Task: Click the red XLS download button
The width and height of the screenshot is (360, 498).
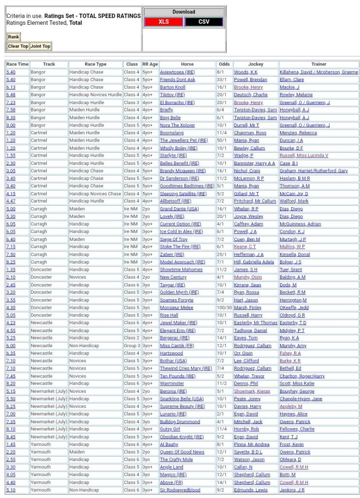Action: [x=163, y=22]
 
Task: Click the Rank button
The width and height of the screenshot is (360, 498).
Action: [x=13, y=37]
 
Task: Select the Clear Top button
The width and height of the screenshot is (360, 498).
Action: [x=18, y=46]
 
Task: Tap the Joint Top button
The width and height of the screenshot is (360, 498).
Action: [x=40, y=46]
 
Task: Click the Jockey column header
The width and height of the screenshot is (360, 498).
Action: [x=255, y=64]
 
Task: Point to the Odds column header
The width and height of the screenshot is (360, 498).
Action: [x=224, y=64]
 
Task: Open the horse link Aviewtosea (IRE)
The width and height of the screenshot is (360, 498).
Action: [x=177, y=72]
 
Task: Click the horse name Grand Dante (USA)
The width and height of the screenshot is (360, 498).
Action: [x=179, y=209]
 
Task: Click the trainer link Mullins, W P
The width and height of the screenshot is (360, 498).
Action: [x=293, y=247]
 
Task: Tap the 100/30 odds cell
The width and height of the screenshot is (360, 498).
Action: [x=224, y=307]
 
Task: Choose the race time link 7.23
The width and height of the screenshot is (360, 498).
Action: [x=11, y=103]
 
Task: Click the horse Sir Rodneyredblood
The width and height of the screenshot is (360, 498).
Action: [x=180, y=490]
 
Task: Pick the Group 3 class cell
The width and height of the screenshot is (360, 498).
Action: [x=131, y=345]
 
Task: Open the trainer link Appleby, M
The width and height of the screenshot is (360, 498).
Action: [x=290, y=406]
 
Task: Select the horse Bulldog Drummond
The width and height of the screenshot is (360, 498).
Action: [x=180, y=422]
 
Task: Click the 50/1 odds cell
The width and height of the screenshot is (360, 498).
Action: [x=221, y=140]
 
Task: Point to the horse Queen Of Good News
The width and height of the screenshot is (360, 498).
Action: [x=182, y=452]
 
